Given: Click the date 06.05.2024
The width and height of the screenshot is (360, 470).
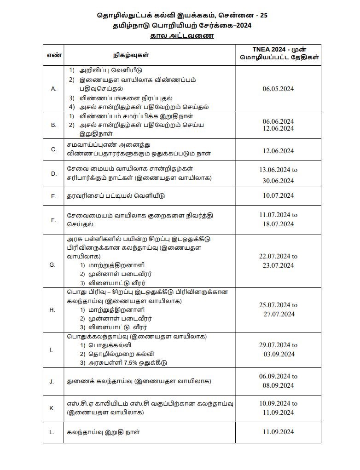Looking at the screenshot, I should coord(278,89).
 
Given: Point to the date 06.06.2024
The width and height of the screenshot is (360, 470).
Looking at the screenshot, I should coord(278,121).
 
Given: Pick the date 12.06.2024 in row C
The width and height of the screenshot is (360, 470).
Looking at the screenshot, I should coord(278,151).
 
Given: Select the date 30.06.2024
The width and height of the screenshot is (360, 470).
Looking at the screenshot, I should coord(278,181).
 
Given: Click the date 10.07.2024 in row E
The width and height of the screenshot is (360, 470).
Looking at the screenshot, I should coord(278,195).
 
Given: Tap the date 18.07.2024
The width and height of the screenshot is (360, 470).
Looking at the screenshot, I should coord(278,224).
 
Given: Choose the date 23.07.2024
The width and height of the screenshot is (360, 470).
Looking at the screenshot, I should coord(278,265).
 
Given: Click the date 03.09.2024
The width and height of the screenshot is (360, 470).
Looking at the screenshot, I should coord(278,354).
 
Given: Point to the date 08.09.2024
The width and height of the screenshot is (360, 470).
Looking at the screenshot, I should coord(278,385).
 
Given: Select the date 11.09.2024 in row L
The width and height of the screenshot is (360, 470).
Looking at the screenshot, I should coord(278,432).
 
